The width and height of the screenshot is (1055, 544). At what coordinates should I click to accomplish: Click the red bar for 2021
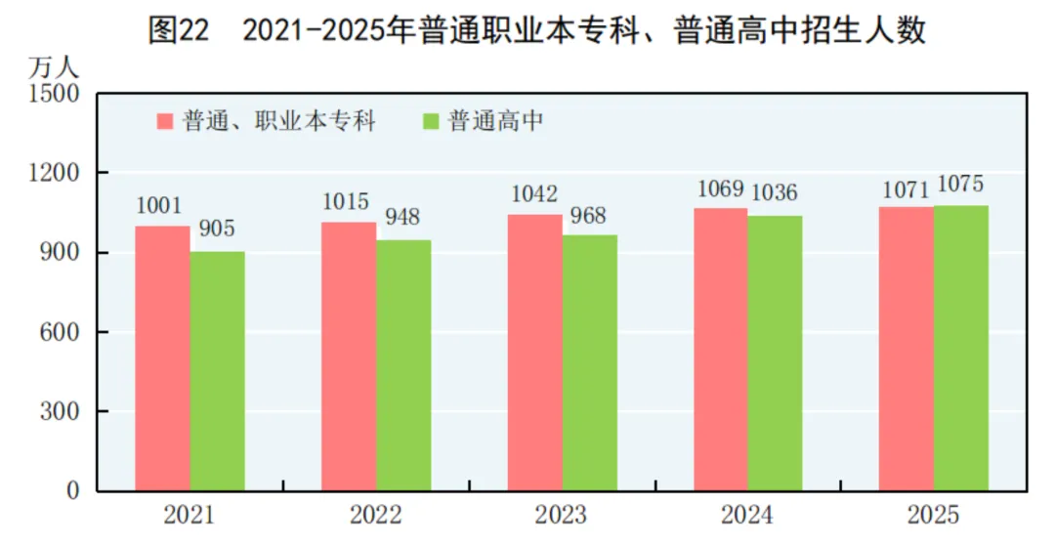[163, 358]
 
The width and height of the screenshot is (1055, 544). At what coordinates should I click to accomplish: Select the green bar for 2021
[218, 371]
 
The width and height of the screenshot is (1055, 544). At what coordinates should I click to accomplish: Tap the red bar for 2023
[535, 353]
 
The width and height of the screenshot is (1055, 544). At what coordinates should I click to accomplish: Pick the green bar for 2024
[776, 353]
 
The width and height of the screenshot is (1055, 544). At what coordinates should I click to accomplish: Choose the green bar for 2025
[961, 348]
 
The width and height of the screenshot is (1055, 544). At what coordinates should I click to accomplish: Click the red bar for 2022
[349, 356]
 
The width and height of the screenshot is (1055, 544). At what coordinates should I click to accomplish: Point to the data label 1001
[160, 206]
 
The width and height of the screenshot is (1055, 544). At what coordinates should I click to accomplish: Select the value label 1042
[535, 194]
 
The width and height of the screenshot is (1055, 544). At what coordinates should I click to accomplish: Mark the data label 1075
[961, 184]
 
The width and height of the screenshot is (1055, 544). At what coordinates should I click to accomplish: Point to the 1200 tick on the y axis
[61, 174]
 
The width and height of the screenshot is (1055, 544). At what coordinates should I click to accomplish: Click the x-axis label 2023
[561, 515]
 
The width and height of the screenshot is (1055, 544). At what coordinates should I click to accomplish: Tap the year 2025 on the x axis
[932, 515]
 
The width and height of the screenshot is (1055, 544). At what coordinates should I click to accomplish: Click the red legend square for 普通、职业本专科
[165, 121]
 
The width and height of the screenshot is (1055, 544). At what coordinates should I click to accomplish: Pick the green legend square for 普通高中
[431, 121]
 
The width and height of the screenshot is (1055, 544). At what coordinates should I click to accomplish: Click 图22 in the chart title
[178, 30]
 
